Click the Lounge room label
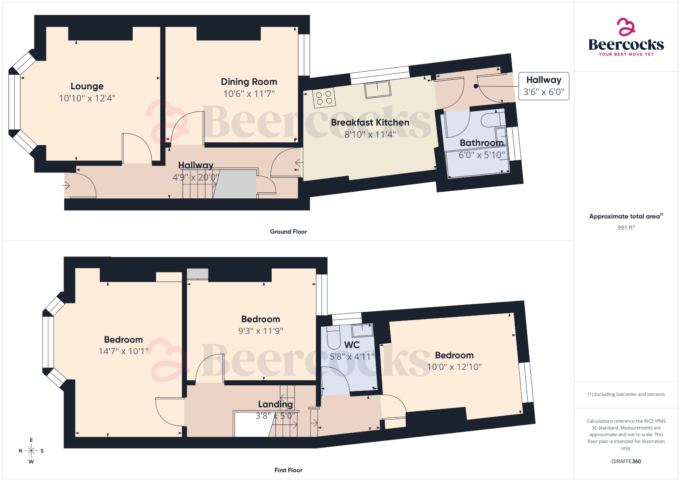pyautogui.click(x=87, y=86)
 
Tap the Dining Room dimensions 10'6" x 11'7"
pyautogui.click(x=249, y=94)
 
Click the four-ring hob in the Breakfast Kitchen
pyautogui.click(x=324, y=98)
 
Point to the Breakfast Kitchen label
pyautogui.click(x=370, y=123)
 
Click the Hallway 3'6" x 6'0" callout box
pyautogui.click(x=544, y=86)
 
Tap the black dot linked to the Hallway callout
pyautogui.click(x=476, y=86)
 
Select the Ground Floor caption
pyautogui.click(x=288, y=232)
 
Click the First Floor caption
pyautogui.click(x=288, y=470)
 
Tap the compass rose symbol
pyautogui.click(x=31, y=451)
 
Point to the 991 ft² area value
pyautogui.click(x=626, y=228)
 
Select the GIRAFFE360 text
pyautogui.click(x=626, y=461)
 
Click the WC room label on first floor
pyautogui.click(x=352, y=345)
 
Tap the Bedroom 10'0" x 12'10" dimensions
pyautogui.click(x=454, y=367)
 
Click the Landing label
pyautogui.click(x=275, y=404)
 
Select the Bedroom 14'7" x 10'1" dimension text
pyautogui.click(x=123, y=351)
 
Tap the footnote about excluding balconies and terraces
pyautogui.click(x=626, y=394)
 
